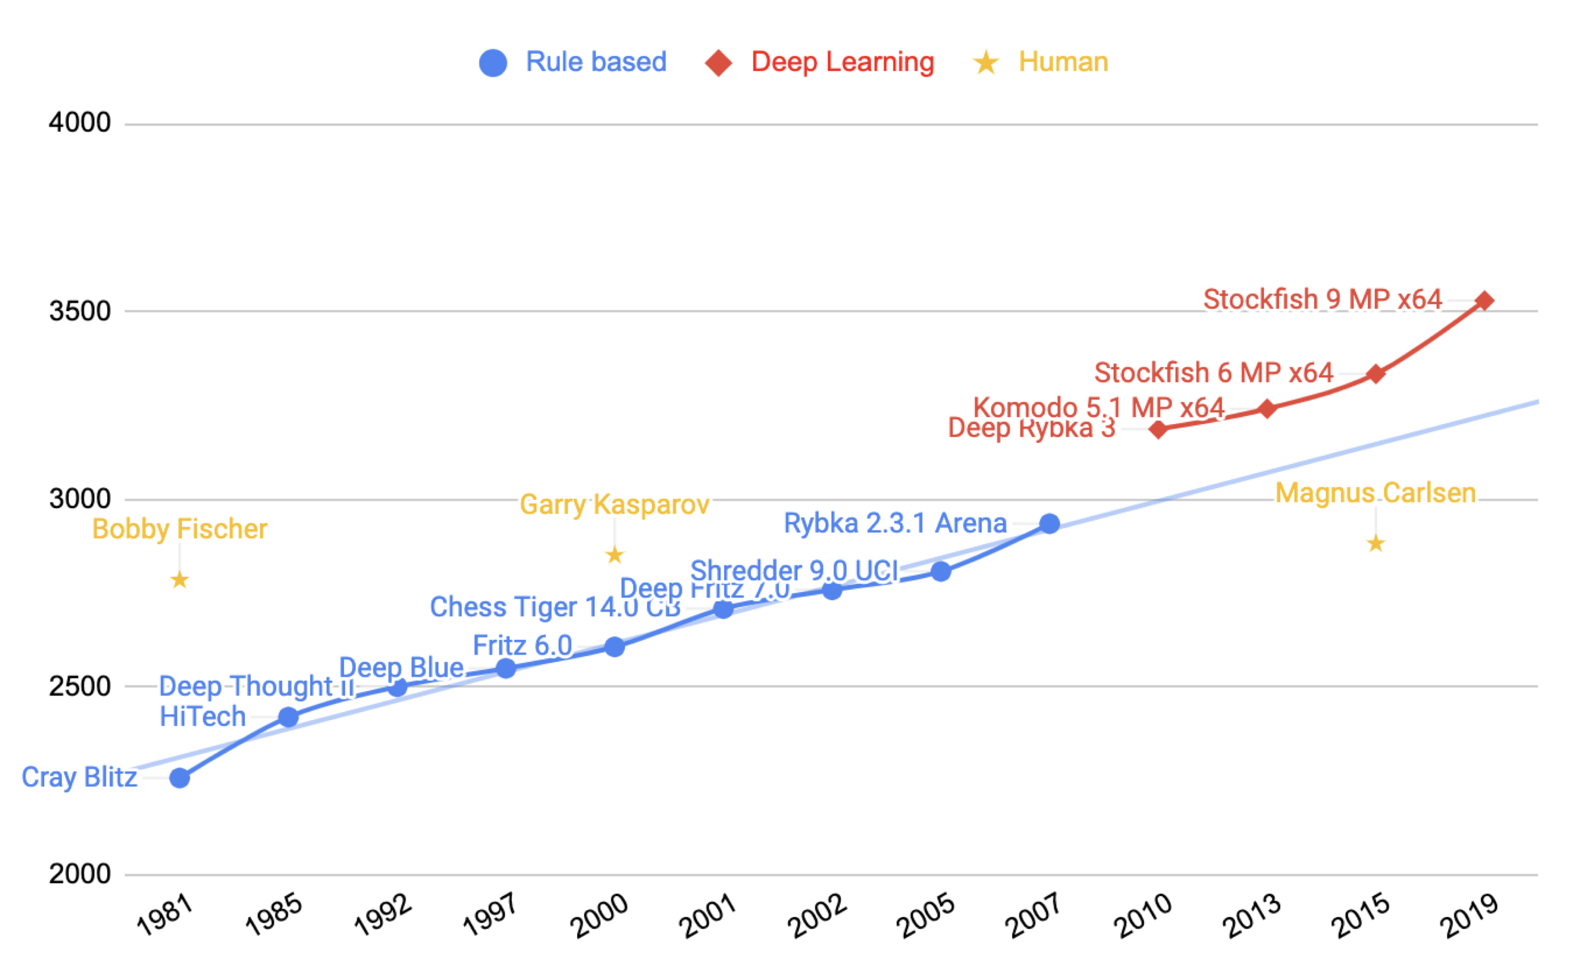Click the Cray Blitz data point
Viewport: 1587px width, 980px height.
pyautogui.click(x=179, y=778)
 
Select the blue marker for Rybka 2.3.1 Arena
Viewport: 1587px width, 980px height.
pyautogui.click(x=1050, y=524)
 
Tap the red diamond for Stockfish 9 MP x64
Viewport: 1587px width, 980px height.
pyautogui.click(x=1485, y=301)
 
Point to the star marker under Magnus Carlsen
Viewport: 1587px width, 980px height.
pyautogui.click(x=1376, y=544)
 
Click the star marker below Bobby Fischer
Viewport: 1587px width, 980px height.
pyautogui.click(x=179, y=579)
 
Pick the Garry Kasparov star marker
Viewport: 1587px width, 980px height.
pyautogui.click(x=615, y=555)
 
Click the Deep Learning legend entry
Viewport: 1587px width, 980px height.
pyautogui.click(x=821, y=62)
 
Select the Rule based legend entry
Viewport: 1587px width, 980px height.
pyautogui.click(x=573, y=62)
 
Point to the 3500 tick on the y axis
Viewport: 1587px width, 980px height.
pyautogui.click(x=80, y=312)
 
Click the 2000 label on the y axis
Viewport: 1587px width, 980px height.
pyautogui.click(x=80, y=874)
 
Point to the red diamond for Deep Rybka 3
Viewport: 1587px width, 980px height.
pyautogui.click(x=1158, y=429)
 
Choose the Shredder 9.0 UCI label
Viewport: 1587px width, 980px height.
pyautogui.click(x=794, y=571)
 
